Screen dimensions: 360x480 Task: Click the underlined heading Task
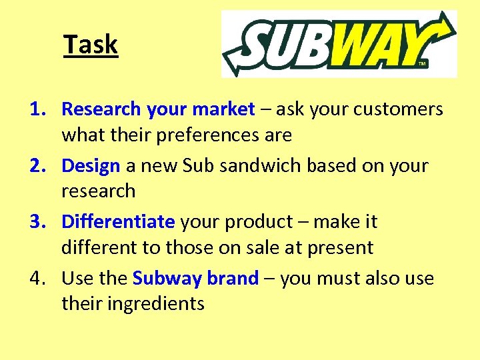click(x=91, y=45)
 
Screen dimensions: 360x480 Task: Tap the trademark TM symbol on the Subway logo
click(x=421, y=64)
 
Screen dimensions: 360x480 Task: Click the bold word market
click(x=223, y=109)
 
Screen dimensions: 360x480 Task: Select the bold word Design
click(x=91, y=165)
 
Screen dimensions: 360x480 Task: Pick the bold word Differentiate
click(x=118, y=221)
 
